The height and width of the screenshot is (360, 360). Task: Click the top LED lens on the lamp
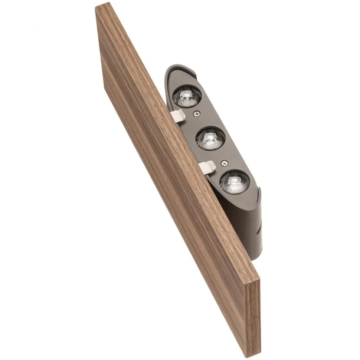click(x=187, y=96)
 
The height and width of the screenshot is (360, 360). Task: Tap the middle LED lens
click(x=210, y=138)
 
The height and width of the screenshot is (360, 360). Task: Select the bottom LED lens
click(x=234, y=182)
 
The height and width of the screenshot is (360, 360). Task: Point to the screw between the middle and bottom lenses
click(x=224, y=162)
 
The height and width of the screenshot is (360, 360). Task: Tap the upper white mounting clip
click(x=179, y=116)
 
